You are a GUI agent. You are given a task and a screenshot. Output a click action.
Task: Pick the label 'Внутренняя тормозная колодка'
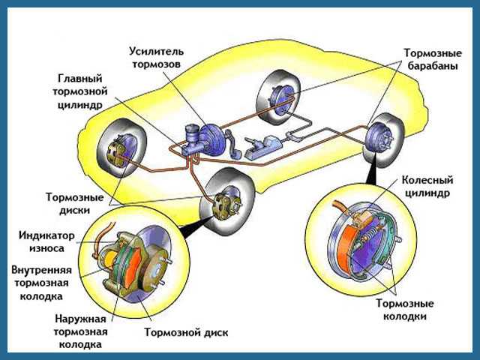(x=41, y=282)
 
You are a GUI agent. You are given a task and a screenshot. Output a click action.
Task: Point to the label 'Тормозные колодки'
(x=403, y=310)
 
